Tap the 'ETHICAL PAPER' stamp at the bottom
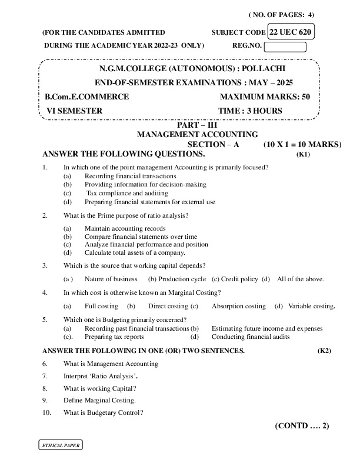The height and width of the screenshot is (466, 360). pos(59,445)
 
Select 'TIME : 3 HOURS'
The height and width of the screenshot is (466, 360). pos(250,111)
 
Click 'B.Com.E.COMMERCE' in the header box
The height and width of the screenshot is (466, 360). pos(87,96)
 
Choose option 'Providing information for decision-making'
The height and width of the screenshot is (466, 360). pos(145,184)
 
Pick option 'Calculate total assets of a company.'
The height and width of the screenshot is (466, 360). pos(135,252)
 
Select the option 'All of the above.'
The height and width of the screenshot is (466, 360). pos(300,279)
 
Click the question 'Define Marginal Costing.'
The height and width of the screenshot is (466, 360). pos(99,400)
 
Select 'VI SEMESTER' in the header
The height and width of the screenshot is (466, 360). pos(74,111)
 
